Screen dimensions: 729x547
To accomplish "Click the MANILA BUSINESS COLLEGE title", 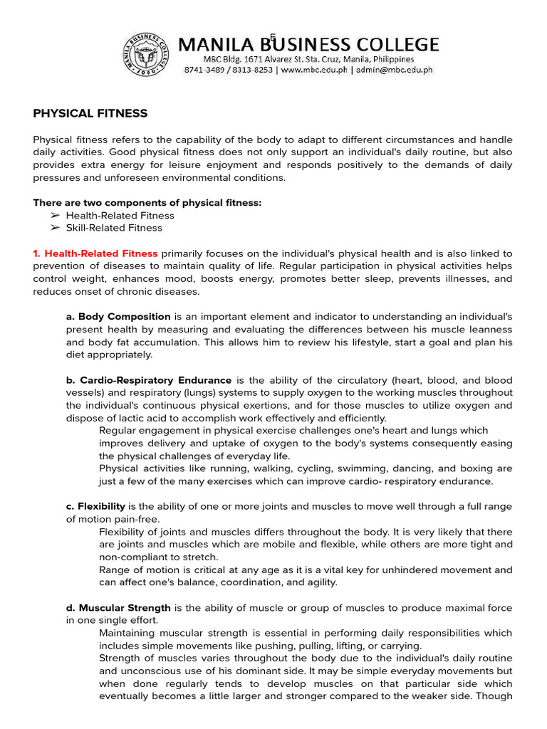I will click(308, 44).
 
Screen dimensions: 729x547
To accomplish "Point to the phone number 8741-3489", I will click(205, 70).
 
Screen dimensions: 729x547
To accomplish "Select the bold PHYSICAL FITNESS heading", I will click(90, 113).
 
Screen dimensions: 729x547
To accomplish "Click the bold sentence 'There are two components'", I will click(147, 203).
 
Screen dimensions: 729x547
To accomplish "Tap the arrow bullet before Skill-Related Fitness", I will click(55, 228).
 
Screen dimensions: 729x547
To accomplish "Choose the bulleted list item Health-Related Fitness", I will click(120, 215).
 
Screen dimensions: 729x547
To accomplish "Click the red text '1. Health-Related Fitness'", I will click(95, 253).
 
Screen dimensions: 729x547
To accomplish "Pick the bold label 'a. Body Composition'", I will click(118, 316).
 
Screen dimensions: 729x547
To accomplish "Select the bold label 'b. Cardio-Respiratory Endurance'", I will click(148, 380).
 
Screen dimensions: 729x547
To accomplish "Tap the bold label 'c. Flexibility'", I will click(95, 506).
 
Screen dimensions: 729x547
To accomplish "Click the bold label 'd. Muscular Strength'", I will click(118, 608).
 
